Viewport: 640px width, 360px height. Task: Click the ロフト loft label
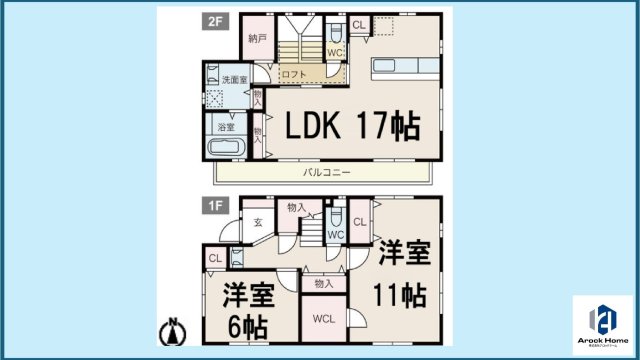pos(292,74)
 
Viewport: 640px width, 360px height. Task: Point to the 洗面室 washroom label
pos(234,79)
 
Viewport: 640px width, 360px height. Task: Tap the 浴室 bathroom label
pos(226,127)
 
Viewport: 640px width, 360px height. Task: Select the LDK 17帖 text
pos(353,126)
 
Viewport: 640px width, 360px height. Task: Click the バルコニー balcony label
pos(327,173)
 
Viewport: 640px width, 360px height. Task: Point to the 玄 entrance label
pos(257,223)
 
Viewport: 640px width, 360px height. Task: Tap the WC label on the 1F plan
pos(336,236)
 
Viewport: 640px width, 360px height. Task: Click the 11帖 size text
pos(403,297)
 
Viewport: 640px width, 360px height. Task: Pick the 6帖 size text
pos(248,326)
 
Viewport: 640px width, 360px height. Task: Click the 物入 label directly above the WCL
pos(322,284)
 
